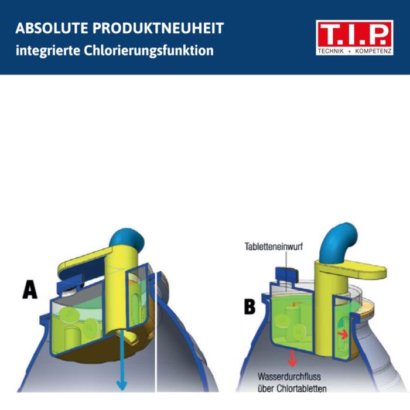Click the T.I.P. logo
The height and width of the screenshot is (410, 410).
(354, 37)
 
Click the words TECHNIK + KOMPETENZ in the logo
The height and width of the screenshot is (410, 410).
(354, 51)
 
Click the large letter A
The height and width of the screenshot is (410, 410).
(30, 289)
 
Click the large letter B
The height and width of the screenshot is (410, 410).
(250, 306)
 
